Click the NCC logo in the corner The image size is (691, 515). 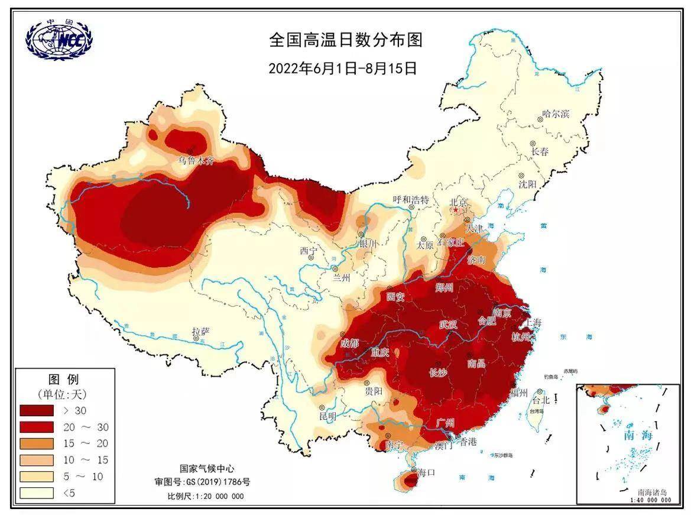(x=59, y=41)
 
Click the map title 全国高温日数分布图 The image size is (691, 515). (x=346, y=40)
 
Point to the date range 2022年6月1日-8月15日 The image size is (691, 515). (x=343, y=68)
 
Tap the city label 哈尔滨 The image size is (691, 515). (x=555, y=114)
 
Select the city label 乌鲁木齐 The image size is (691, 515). (x=197, y=160)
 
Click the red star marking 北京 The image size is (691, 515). (x=455, y=210)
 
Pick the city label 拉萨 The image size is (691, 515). (x=201, y=331)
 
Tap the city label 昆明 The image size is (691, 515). (x=327, y=416)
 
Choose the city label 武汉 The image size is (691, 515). (x=448, y=325)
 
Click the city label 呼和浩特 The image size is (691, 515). (x=411, y=200)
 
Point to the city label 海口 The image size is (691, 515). (x=426, y=472)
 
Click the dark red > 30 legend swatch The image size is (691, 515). (x=37, y=410)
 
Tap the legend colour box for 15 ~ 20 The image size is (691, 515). (x=37, y=443)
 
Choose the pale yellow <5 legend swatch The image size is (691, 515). (x=37, y=492)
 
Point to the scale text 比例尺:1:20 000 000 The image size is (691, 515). (x=205, y=496)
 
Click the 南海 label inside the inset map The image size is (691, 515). (x=637, y=435)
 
